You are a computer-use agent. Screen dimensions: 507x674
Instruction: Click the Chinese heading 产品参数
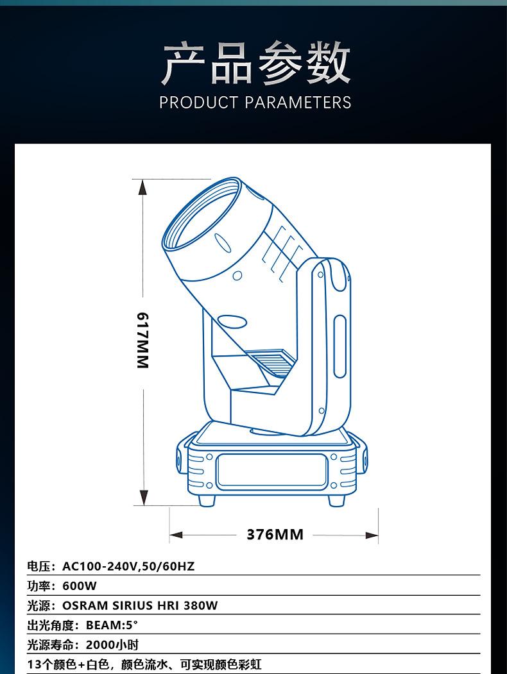[256, 63]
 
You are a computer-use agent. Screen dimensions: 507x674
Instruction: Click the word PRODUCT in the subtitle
[198, 103]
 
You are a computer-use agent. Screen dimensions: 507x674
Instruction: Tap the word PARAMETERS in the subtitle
[298, 103]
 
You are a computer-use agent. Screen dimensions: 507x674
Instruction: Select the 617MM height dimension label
[142, 340]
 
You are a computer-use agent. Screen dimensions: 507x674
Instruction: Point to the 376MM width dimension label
[275, 534]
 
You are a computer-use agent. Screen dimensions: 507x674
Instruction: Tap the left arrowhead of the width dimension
[176, 535]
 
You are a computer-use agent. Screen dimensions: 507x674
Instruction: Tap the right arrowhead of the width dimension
[372, 535]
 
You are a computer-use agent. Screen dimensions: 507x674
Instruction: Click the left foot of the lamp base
[207, 500]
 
